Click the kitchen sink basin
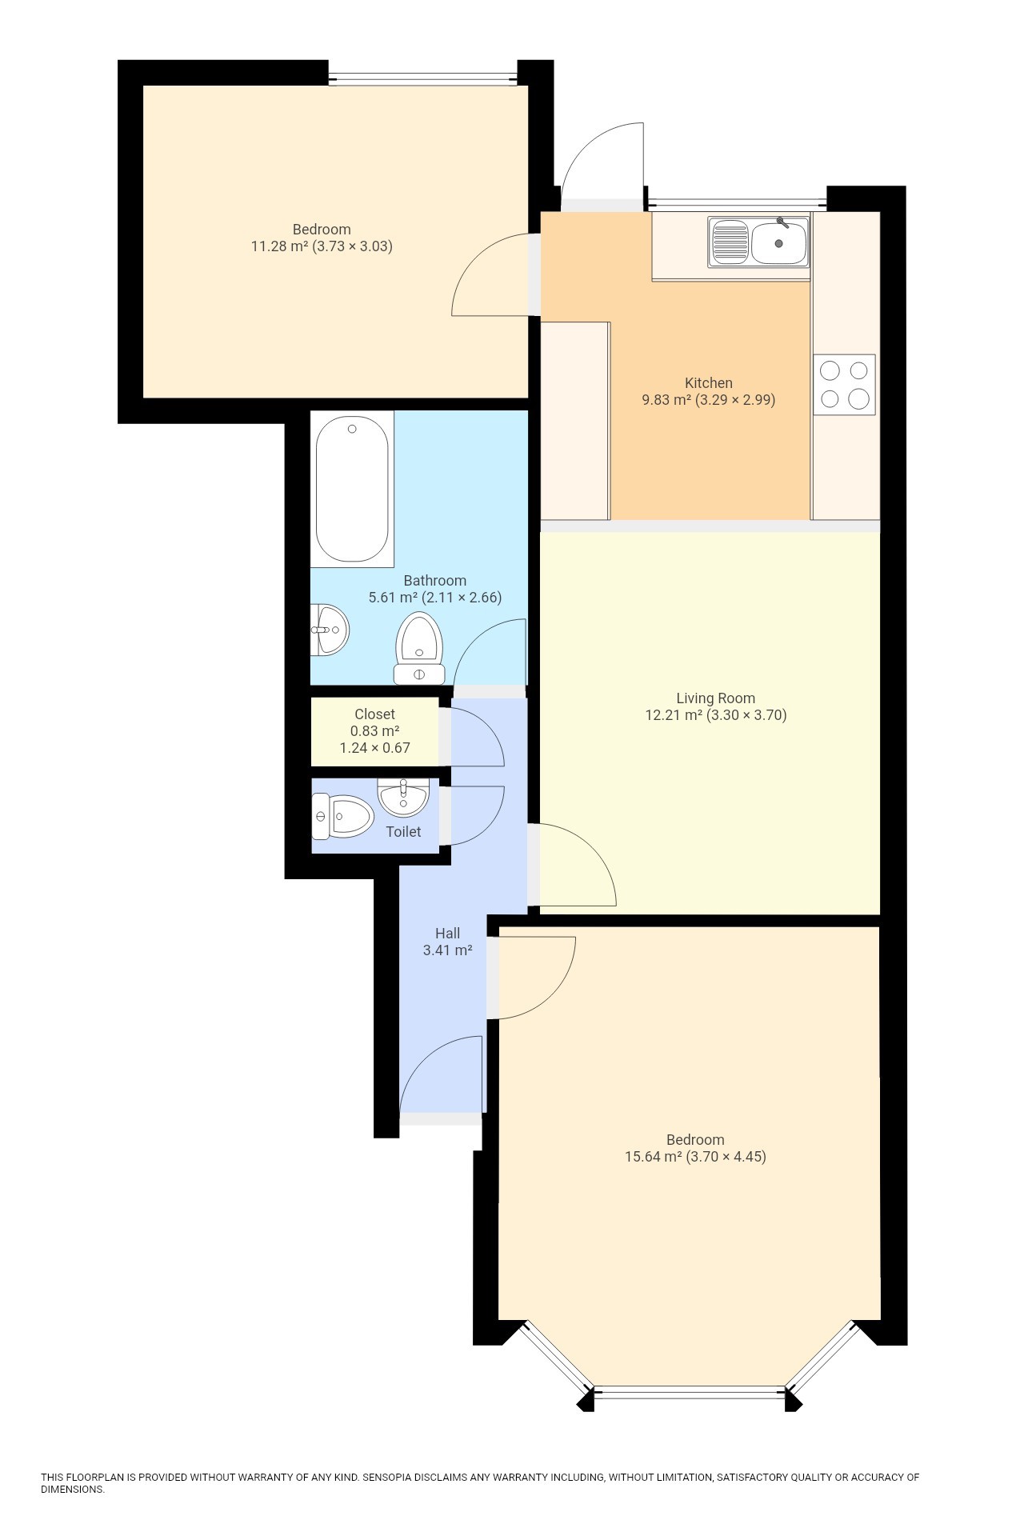778,242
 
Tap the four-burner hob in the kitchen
844,384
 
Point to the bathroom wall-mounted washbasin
328,630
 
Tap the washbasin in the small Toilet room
403,796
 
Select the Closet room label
374,714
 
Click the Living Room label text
715,698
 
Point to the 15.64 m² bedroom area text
694,1156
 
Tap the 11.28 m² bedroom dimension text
321,246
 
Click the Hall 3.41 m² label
447,942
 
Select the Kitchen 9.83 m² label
708,391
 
